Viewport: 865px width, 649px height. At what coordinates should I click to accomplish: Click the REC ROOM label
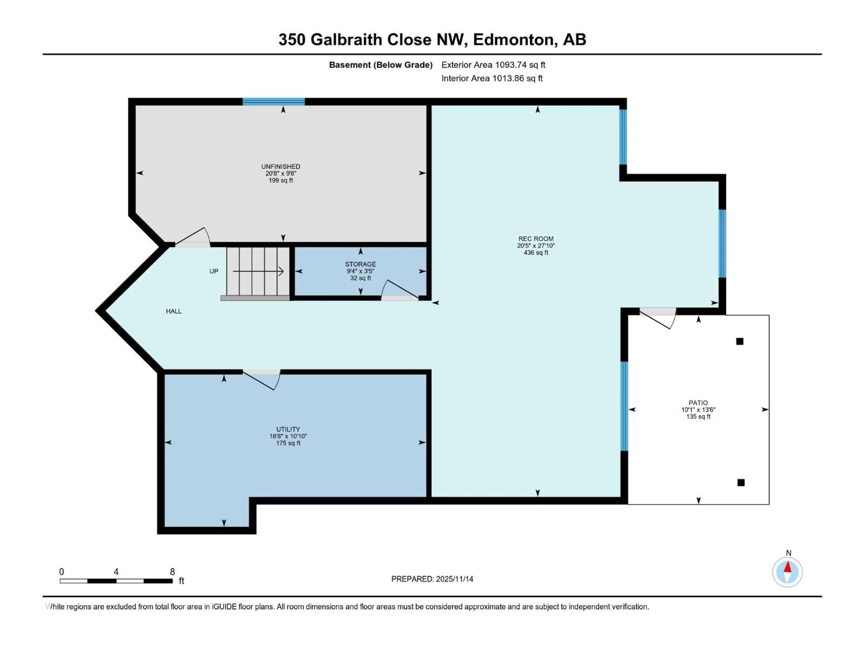(x=536, y=239)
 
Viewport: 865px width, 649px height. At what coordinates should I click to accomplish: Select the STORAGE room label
(x=360, y=264)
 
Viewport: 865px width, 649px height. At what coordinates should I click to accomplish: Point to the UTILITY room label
(x=288, y=429)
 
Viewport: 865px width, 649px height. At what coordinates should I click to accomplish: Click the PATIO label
(x=698, y=402)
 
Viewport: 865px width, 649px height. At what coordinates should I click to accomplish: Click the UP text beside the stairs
(x=214, y=271)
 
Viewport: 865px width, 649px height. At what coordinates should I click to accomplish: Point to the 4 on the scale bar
(x=116, y=571)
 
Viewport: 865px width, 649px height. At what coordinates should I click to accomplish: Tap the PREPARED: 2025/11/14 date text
(x=432, y=579)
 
